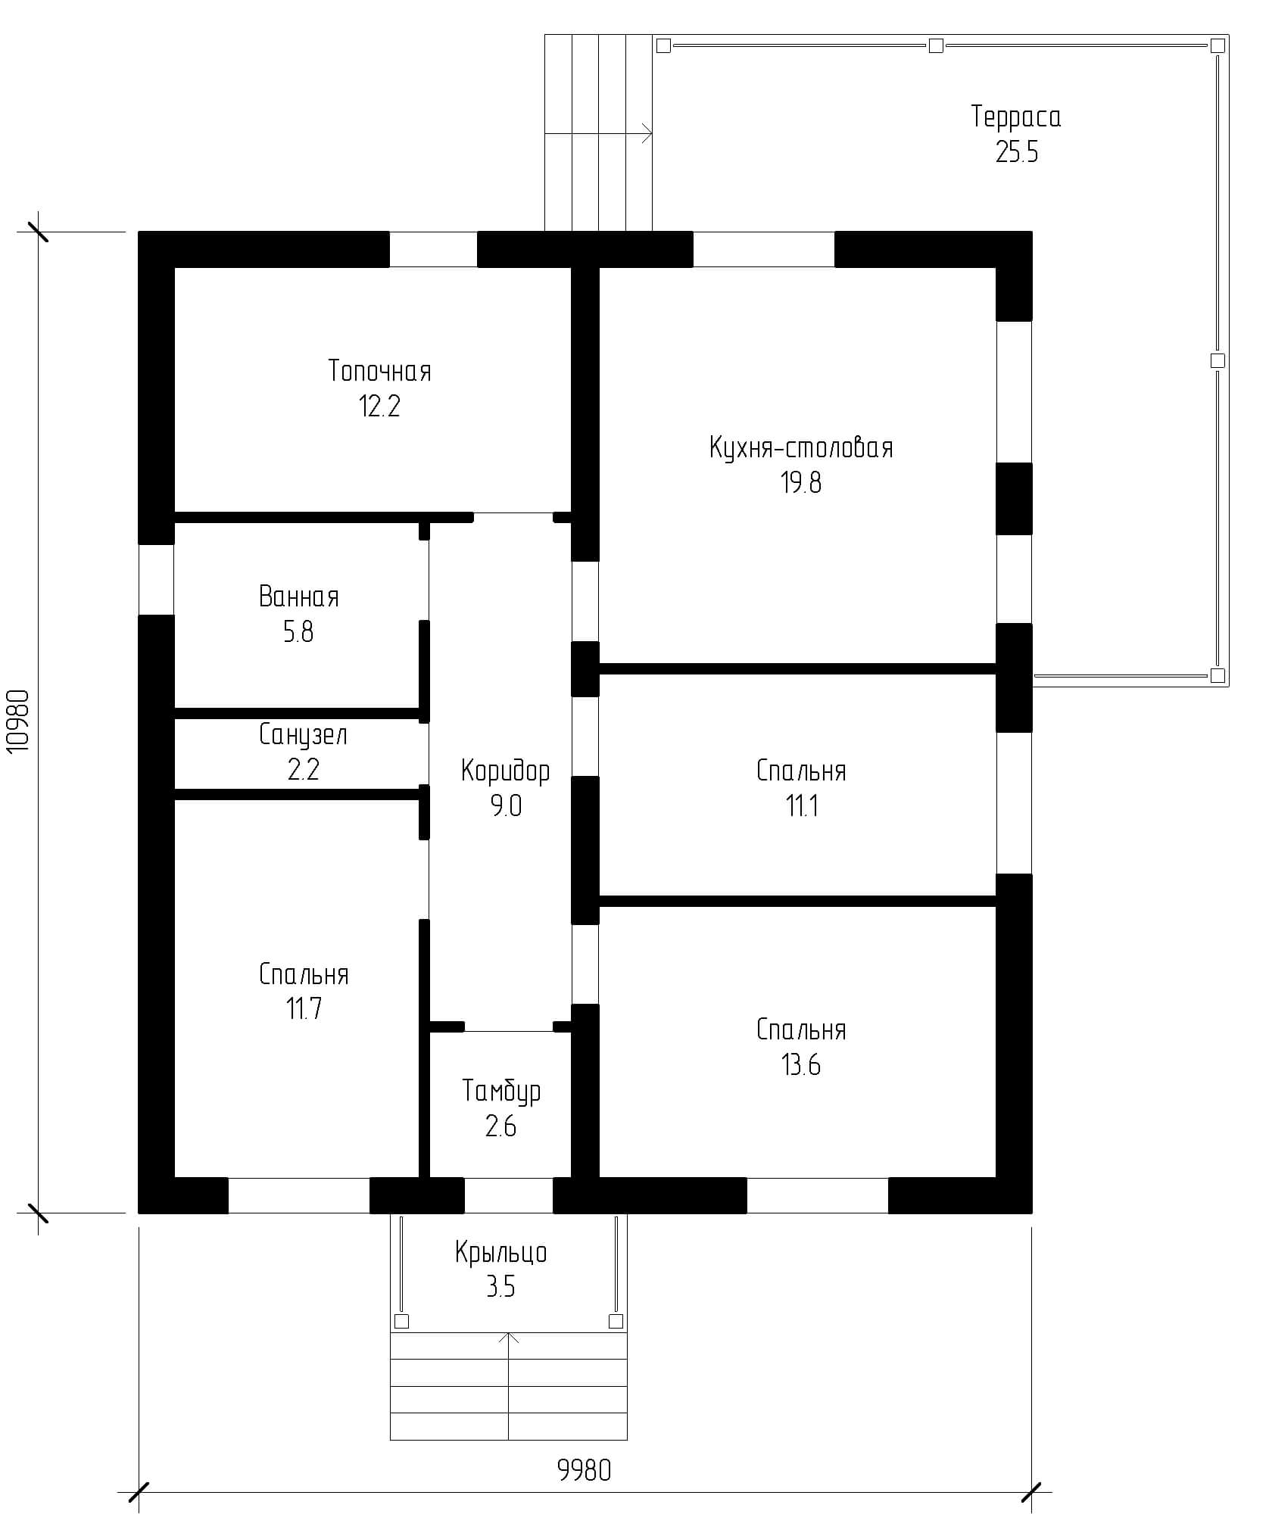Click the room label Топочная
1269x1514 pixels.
pyautogui.click(x=379, y=371)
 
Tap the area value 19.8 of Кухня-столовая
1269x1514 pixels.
pyautogui.click(x=801, y=482)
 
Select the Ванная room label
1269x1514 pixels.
pyautogui.click(x=299, y=597)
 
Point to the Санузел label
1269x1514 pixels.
pyautogui.click(x=303, y=734)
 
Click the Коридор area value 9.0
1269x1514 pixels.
pyautogui.click(x=506, y=806)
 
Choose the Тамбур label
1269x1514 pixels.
pyautogui.click(x=501, y=1091)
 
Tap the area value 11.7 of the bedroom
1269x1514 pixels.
pyautogui.click(x=304, y=1008)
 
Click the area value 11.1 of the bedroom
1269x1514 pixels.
pyautogui.click(x=801, y=806)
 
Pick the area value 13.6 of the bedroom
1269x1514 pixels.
pyautogui.click(x=801, y=1065)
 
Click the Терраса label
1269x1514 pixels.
pyautogui.click(x=1016, y=117)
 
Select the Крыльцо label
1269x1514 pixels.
pyautogui.click(x=501, y=1253)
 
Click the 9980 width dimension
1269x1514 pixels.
pyautogui.click(x=584, y=1470)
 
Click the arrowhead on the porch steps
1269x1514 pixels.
pyautogui.click(x=511, y=1338)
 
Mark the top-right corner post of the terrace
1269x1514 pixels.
pyautogui.click(x=1218, y=46)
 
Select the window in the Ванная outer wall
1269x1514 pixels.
pyautogui.click(x=156, y=579)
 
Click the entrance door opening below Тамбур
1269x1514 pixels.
pyautogui.click(x=509, y=1195)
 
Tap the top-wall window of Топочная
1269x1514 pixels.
pyautogui.click(x=433, y=249)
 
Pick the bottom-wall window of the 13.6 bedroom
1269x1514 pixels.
pyautogui.click(x=818, y=1195)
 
